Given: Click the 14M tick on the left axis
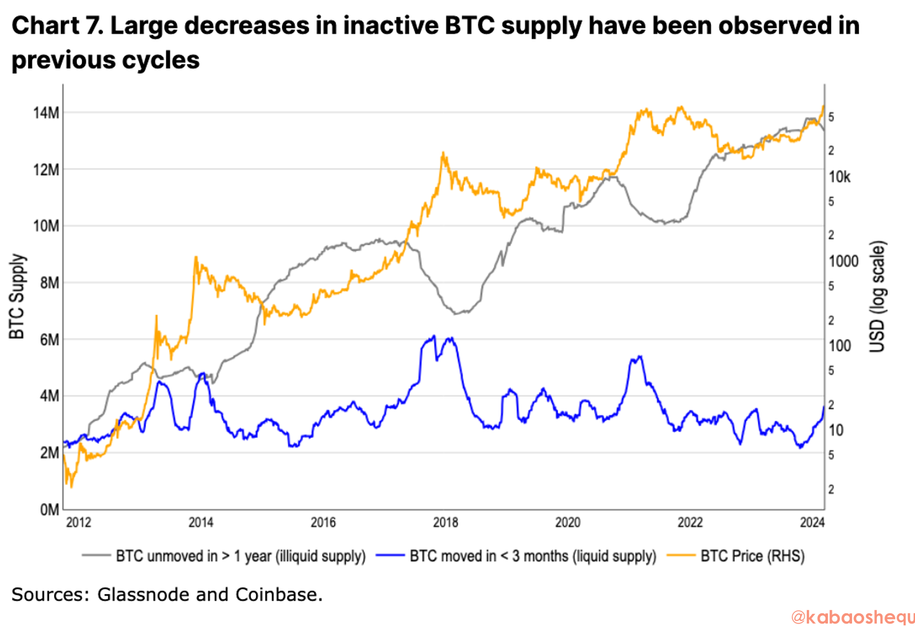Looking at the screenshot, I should (x=46, y=113).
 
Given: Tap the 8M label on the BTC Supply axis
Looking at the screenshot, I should (x=48, y=283).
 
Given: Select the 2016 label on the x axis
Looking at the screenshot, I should (x=323, y=522).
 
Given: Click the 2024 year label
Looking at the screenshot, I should (x=812, y=522).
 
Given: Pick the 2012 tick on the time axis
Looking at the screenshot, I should (x=79, y=522).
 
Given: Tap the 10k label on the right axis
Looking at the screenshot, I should (x=839, y=177).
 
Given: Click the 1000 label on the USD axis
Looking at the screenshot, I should (x=843, y=261).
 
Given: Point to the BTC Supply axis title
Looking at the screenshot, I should (x=17, y=296).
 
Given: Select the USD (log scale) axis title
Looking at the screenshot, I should (x=878, y=296).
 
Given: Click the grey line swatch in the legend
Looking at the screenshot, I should (x=96, y=556).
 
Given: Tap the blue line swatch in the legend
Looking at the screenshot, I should (x=390, y=556).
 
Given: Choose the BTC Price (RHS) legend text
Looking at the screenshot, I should (x=752, y=556).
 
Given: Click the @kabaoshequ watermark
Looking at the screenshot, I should (x=851, y=616).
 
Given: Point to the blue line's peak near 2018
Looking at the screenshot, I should (x=433, y=336).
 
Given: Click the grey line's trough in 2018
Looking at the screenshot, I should (x=457, y=313).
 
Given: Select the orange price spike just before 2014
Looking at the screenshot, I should (x=196, y=257).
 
